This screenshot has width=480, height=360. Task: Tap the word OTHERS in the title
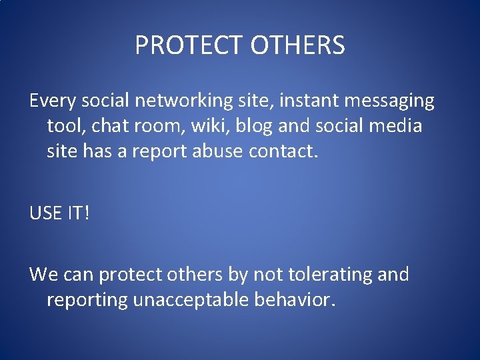tap(298, 45)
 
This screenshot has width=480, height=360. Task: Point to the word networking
tap(204, 101)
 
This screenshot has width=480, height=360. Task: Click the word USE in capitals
tap(45, 213)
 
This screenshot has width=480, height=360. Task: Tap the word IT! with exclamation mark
tap(77, 213)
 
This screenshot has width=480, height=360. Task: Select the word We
tap(43, 275)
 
